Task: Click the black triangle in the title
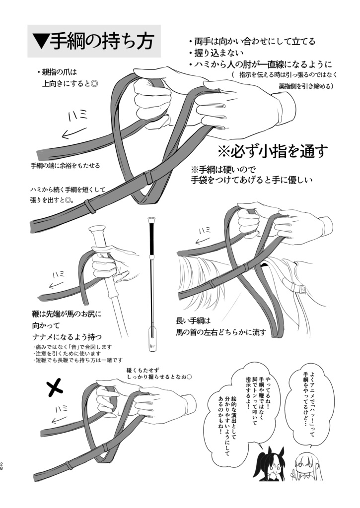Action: (x=40, y=42)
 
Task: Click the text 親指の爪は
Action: (x=65, y=72)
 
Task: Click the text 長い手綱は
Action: (x=194, y=320)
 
